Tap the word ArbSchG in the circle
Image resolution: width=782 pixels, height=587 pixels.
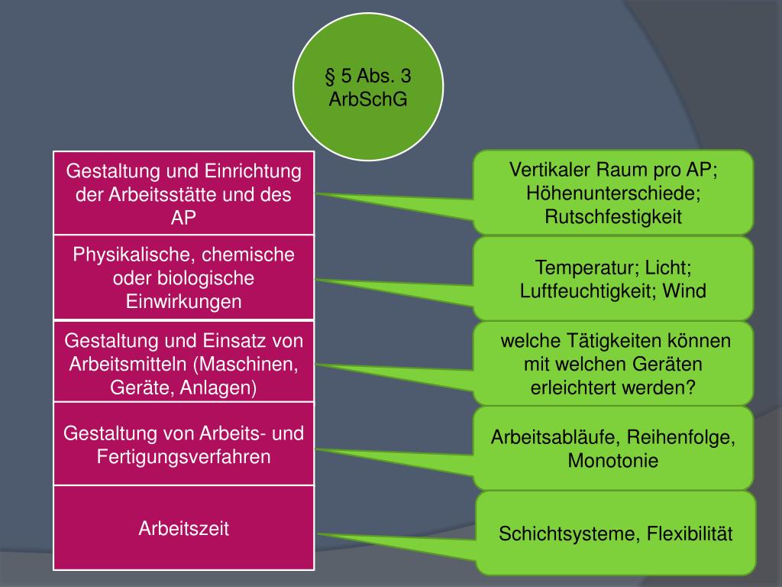click(x=368, y=100)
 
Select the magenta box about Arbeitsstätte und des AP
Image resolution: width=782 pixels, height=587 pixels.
click(x=183, y=193)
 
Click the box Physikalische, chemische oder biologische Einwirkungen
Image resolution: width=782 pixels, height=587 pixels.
click(x=183, y=277)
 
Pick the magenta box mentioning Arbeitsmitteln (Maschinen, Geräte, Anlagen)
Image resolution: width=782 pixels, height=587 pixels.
click(x=183, y=363)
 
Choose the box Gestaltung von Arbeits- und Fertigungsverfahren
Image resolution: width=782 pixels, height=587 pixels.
click(x=183, y=445)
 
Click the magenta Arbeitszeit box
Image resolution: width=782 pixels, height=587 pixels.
click(x=183, y=528)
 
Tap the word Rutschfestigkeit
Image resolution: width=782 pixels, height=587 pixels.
click(x=612, y=217)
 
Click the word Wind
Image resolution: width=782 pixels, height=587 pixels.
click(x=685, y=291)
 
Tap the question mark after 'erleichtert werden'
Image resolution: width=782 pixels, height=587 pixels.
click(x=692, y=387)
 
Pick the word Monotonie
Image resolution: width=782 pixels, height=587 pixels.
click(x=612, y=461)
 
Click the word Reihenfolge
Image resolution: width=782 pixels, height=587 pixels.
click(x=682, y=438)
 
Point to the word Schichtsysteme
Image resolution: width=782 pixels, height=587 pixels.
click(x=567, y=533)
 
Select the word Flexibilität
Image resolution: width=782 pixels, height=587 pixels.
click(x=690, y=533)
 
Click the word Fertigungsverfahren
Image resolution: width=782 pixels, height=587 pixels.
click(x=184, y=457)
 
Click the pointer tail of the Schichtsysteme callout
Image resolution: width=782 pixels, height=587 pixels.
click(x=367, y=540)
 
